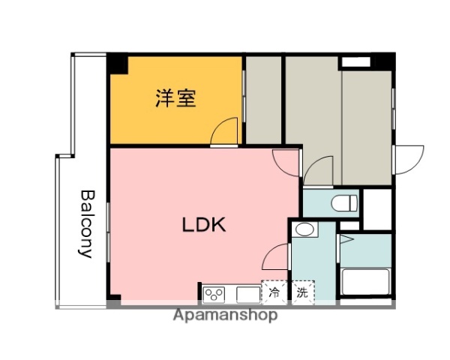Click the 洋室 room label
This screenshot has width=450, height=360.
pyautogui.click(x=176, y=98)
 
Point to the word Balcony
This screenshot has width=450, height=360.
pyautogui.click(x=88, y=223)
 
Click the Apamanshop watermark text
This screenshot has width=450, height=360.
pyautogui.click(x=225, y=315)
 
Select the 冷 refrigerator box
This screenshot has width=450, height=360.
pyautogui.click(x=275, y=292)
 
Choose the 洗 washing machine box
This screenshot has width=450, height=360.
pyautogui.click(x=302, y=292)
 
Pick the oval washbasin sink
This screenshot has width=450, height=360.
pyautogui.click(x=304, y=229)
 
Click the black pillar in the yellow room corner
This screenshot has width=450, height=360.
pyautogui.click(x=117, y=64)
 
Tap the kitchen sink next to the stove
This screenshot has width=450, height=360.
pyautogui.click(x=247, y=292)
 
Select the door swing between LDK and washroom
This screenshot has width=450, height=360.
pyautogui.click(x=277, y=256)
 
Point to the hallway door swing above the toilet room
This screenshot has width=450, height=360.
pyautogui.click(x=319, y=172)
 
